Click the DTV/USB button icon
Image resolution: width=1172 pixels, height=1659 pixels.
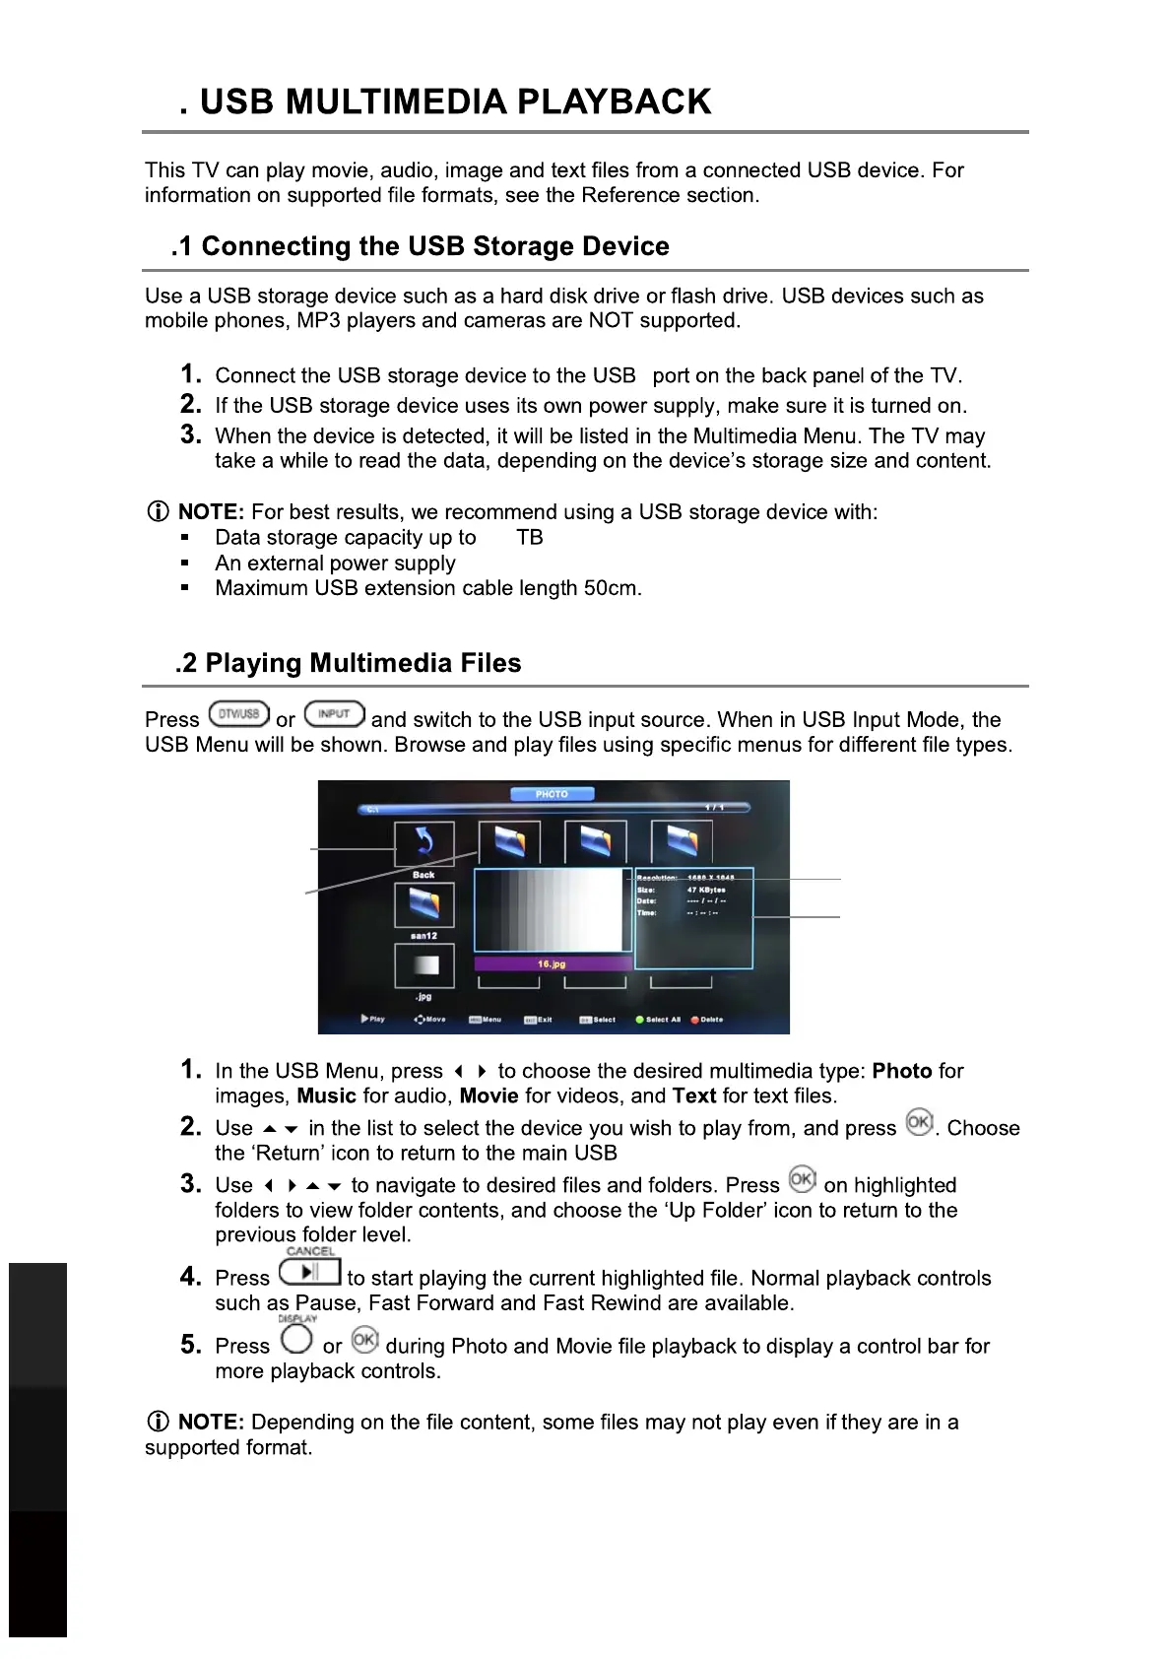tap(238, 713)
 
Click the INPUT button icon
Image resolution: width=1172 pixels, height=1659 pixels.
tap(334, 713)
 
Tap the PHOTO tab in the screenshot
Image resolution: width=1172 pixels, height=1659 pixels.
tap(552, 794)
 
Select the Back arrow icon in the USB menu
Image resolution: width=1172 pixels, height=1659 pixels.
tap(424, 843)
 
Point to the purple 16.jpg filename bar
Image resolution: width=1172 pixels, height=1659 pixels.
tap(552, 963)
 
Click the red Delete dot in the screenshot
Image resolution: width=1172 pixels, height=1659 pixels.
tap(694, 1020)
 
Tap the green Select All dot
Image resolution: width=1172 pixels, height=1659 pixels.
tap(639, 1020)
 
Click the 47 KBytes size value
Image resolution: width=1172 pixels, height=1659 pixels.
tap(706, 890)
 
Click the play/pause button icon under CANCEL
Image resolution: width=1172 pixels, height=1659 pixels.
tap(309, 1272)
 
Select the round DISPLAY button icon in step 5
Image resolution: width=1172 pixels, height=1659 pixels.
tap(296, 1339)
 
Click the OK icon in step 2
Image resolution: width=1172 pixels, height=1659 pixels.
tap(919, 1122)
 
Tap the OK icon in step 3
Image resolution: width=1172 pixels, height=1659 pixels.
tap(802, 1179)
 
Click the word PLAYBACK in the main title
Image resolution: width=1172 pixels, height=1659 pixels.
tap(613, 101)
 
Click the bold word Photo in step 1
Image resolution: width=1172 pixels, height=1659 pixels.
tap(902, 1071)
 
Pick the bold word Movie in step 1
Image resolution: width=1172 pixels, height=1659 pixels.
tap(488, 1096)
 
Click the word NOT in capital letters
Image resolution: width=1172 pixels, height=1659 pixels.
tap(611, 321)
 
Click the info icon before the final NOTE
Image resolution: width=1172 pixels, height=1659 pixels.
tap(158, 1422)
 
